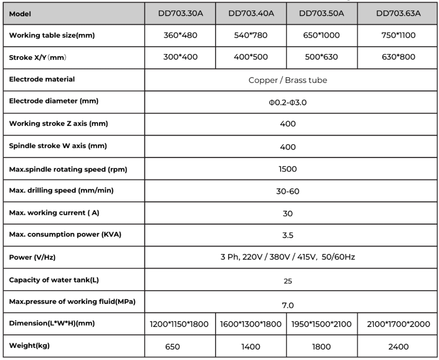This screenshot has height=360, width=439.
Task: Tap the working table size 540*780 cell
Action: tap(252, 35)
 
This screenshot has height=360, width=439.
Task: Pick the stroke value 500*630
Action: tap(322, 57)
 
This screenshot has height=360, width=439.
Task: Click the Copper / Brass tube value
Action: tap(287, 80)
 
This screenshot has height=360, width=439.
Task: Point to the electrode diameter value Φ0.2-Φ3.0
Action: tap(287, 102)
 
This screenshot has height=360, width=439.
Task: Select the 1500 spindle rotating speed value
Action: tap(287, 169)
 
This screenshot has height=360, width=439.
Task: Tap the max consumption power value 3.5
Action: tap(287, 235)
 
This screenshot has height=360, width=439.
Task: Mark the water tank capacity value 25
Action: tap(287, 280)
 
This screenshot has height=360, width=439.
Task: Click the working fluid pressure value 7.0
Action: tap(287, 304)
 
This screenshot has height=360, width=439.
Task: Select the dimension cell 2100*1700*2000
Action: tap(399, 324)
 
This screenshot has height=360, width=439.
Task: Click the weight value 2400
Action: tap(399, 346)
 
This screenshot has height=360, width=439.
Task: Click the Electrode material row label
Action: tap(42, 79)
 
